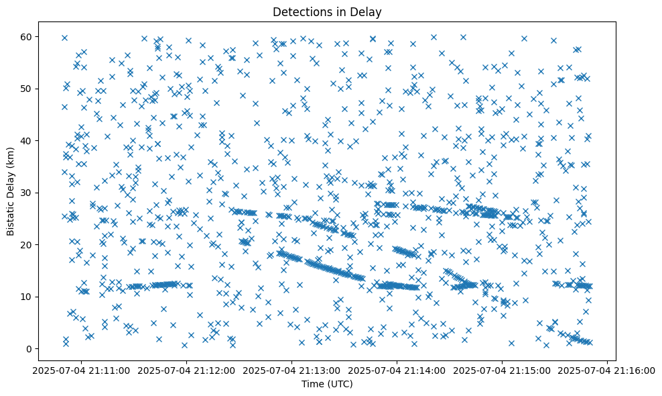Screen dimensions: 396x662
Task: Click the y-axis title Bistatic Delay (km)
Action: (x=11, y=183)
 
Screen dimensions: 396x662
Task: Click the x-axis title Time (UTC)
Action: (x=327, y=384)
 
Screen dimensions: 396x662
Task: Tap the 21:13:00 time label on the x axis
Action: (x=292, y=370)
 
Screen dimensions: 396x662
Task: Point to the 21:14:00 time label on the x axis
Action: (x=397, y=370)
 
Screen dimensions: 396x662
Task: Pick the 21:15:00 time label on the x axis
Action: (x=503, y=370)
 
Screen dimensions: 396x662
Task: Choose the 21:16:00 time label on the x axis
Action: (x=608, y=370)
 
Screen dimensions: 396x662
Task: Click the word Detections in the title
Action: (x=302, y=11)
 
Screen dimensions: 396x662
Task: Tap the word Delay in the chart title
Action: (x=367, y=11)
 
